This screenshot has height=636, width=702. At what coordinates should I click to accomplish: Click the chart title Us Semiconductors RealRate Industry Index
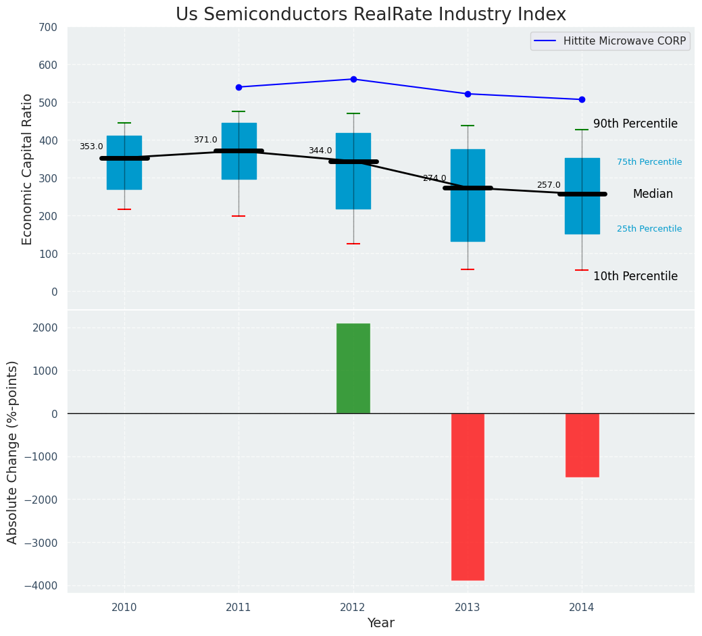pos(371,15)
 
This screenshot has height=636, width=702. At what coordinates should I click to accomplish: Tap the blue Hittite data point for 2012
pos(353,79)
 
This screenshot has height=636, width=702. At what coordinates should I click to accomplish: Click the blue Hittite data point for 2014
pos(582,99)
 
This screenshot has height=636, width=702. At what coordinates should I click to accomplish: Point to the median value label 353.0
pos(91,147)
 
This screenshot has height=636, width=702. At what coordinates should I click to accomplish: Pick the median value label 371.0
pos(205,140)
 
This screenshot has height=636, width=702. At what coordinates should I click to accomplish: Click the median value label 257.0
pos(549,185)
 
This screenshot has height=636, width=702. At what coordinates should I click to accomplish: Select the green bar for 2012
pos(353,368)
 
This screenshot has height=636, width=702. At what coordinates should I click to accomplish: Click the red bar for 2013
pos(468,496)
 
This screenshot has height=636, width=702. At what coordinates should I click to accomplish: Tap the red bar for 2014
pos(582,445)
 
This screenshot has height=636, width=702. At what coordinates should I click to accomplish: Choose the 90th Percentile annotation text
pos(635,124)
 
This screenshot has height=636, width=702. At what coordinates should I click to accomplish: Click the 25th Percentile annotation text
pos(649,229)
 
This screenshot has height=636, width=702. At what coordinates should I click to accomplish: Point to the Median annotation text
pos(653,194)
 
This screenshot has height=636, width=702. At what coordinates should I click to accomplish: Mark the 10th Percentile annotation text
pos(635,276)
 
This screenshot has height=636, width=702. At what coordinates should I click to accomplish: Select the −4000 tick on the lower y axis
pos(42,585)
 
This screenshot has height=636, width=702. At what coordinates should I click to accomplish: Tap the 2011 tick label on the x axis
pos(239,607)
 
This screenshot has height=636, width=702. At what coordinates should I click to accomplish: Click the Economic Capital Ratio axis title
pos(28,169)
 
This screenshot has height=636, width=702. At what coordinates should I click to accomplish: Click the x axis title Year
pos(380,623)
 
